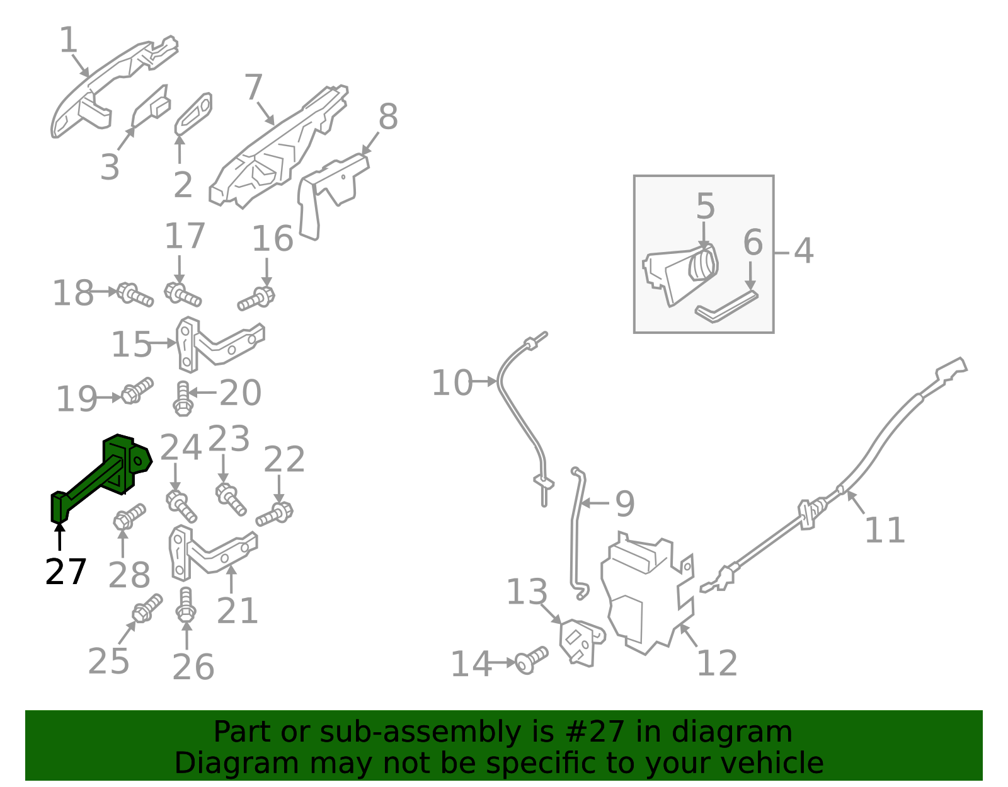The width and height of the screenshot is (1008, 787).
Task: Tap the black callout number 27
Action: click(x=66, y=572)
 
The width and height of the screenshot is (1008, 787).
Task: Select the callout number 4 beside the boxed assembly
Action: click(x=804, y=251)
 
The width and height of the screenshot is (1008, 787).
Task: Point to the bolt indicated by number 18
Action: click(x=135, y=294)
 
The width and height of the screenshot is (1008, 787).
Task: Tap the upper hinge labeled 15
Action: click(x=218, y=345)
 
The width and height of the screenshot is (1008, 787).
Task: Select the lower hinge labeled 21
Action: click(x=211, y=554)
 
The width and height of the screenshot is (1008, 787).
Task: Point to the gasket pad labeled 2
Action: click(x=193, y=113)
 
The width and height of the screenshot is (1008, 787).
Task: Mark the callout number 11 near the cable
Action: click(x=885, y=530)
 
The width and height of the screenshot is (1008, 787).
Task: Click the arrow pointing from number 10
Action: click(x=484, y=382)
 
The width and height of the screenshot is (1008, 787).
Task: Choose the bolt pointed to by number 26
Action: click(x=186, y=605)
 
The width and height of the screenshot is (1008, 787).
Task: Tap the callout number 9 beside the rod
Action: click(x=625, y=503)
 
